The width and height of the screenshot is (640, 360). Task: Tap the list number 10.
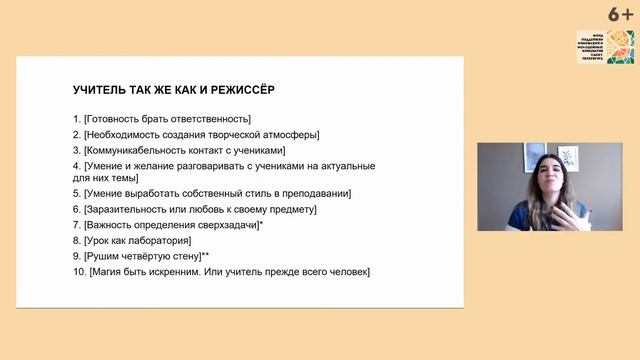coord(79,271)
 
